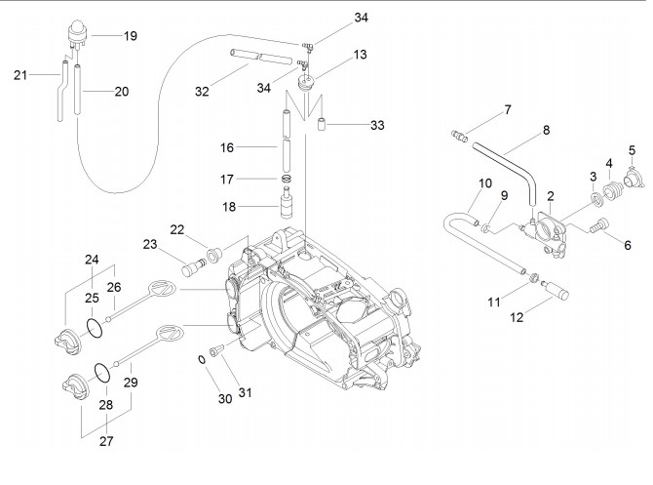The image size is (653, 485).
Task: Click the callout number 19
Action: (x=131, y=35)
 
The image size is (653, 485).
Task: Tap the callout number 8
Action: (x=546, y=130)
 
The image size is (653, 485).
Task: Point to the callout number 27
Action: (x=105, y=441)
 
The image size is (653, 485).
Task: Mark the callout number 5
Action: (x=632, y=150)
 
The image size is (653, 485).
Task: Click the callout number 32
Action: (x=202, y=92)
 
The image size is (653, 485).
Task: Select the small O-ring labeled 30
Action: (x=202, y=359)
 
